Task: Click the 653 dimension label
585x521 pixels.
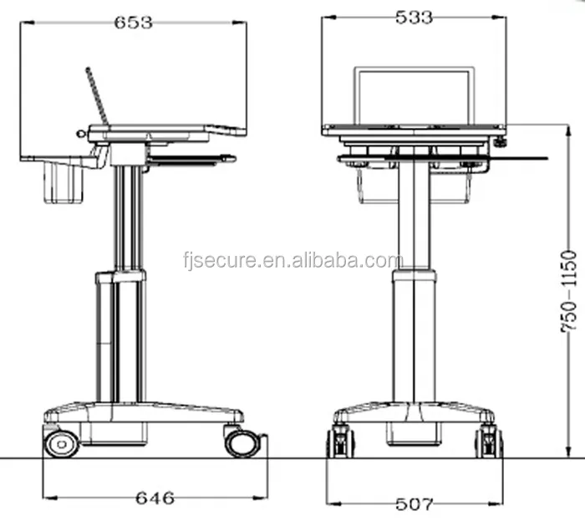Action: [x=133, y=23]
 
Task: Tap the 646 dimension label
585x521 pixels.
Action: [x=155, y=498]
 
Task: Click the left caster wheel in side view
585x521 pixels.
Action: [x=61, y=442]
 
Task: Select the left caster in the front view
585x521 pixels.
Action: [x=341, y=441]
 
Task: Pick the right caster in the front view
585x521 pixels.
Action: [x=487, y=441]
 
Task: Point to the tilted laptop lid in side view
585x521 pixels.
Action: [x=98, y=96]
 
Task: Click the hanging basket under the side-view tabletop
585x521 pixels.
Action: [x=64, y=182]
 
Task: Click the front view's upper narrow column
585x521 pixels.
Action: [x=412, y=213]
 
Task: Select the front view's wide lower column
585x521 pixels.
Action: [x=412, y=335]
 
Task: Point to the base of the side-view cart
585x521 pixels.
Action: [x=142, y=413]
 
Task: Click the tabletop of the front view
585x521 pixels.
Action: [x=413, y=130]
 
